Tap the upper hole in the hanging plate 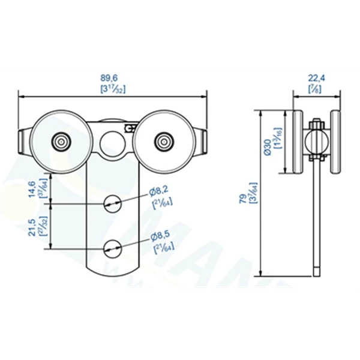click(112, 203)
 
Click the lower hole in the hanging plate click(112, 247)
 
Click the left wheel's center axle click(61, 142)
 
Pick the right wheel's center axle click(162, 142)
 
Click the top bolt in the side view click(316, 125)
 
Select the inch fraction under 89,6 click(112, 88)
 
